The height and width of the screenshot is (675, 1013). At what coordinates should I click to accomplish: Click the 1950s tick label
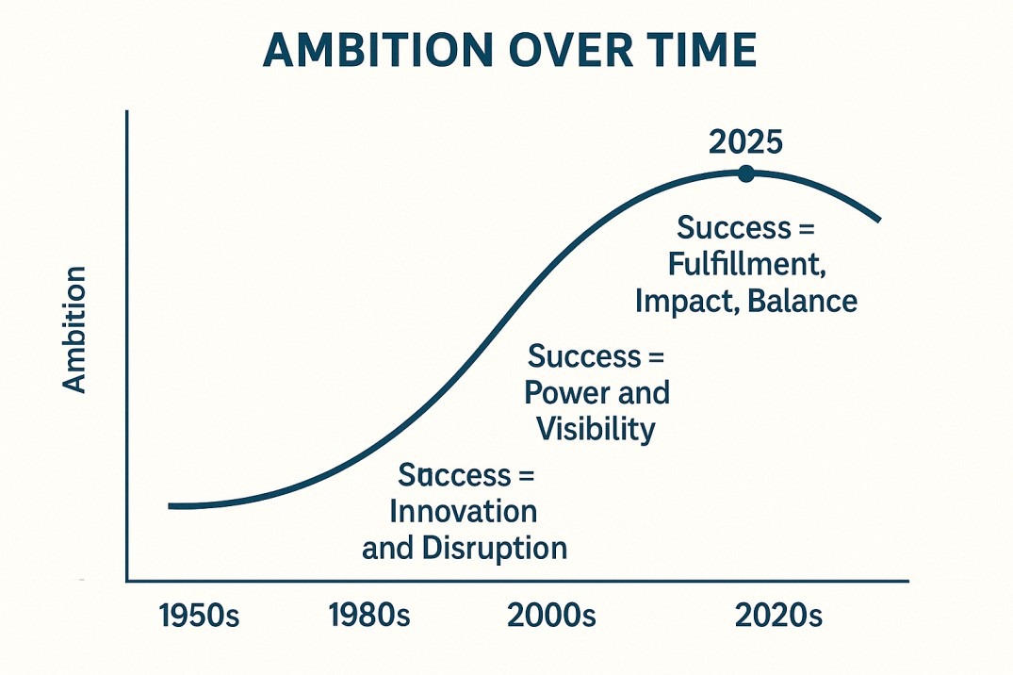[x=200, y=617]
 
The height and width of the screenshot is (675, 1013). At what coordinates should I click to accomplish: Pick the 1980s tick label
[x=369, y=617]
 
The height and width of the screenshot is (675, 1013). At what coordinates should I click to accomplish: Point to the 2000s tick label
[x=551, y=617]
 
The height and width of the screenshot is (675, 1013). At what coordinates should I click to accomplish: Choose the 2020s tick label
[x=778, y=617]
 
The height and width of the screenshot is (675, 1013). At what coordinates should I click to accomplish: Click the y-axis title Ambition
[x=74, y=329]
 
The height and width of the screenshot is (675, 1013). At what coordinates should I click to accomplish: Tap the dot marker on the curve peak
[x=746, y=173]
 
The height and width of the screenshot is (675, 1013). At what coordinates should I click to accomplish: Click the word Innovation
[x=463, y=511]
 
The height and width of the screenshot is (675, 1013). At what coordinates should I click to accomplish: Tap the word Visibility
[x=596, y=429]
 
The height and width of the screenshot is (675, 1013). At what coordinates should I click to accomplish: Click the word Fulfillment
[x=746, y=265]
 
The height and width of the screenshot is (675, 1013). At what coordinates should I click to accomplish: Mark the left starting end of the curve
[x=171, y=506]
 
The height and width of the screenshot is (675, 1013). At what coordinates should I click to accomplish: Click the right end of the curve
[x=878, y=221]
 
